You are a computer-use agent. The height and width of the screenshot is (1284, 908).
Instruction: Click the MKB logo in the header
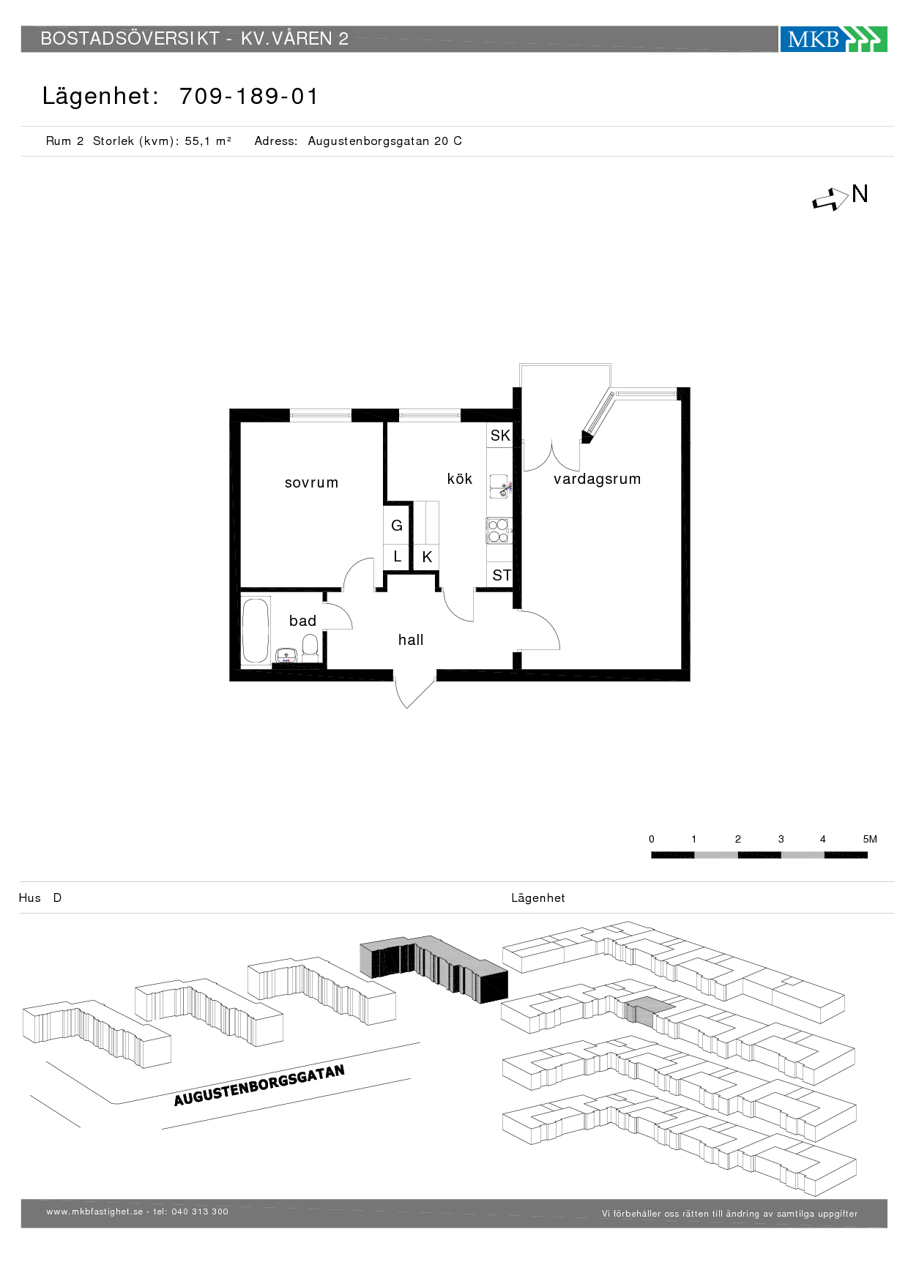833,39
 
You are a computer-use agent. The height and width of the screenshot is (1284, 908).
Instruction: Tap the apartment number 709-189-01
249,96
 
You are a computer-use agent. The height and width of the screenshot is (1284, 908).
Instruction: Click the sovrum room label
311,482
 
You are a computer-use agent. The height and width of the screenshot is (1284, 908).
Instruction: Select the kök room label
460,479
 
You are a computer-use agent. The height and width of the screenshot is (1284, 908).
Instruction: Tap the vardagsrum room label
597,479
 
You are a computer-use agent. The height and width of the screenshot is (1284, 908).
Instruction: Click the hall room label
411,640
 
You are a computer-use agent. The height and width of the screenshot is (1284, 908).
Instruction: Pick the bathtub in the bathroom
256,630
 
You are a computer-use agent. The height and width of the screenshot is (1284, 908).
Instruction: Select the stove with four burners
499,531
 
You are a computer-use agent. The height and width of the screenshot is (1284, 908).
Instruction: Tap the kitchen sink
499,486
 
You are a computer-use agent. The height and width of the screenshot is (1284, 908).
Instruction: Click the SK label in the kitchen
500,436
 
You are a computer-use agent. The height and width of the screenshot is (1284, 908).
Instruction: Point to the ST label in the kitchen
502,575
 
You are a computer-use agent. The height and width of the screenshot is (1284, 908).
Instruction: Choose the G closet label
397,526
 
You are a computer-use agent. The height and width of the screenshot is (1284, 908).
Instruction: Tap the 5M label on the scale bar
870,839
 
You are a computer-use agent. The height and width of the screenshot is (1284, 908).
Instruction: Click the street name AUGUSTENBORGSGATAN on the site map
259,1086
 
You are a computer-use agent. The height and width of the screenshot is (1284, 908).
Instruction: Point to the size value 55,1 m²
208,141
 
